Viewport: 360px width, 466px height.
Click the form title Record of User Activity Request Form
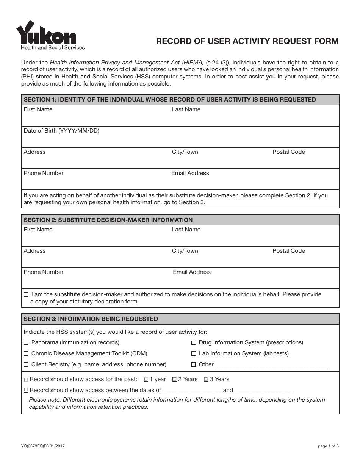point(247,41)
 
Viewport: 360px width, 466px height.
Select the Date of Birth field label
point(61,131)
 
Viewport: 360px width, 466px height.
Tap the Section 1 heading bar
point(180,100)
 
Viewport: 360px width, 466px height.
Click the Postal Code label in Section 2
point(288,251)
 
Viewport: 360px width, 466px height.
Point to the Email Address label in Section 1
point(190,173)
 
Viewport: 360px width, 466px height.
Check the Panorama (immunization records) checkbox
point(26,342)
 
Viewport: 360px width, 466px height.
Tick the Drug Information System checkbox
point(194,342)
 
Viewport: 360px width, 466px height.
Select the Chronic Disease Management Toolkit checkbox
point(26,353)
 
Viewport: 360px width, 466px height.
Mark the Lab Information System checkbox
point(194,353)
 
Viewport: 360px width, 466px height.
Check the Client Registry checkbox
point(26,364)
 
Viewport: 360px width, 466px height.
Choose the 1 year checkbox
point(146,379)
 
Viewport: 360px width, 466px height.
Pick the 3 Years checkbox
point(206,379)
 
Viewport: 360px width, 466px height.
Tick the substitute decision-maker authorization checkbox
point(26,294)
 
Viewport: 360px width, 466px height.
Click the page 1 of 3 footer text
point(328,446)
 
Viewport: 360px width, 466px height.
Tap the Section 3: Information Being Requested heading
point(91,319)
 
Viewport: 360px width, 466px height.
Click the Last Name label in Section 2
point(186,230)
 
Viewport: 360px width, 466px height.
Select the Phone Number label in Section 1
point(44,173)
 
